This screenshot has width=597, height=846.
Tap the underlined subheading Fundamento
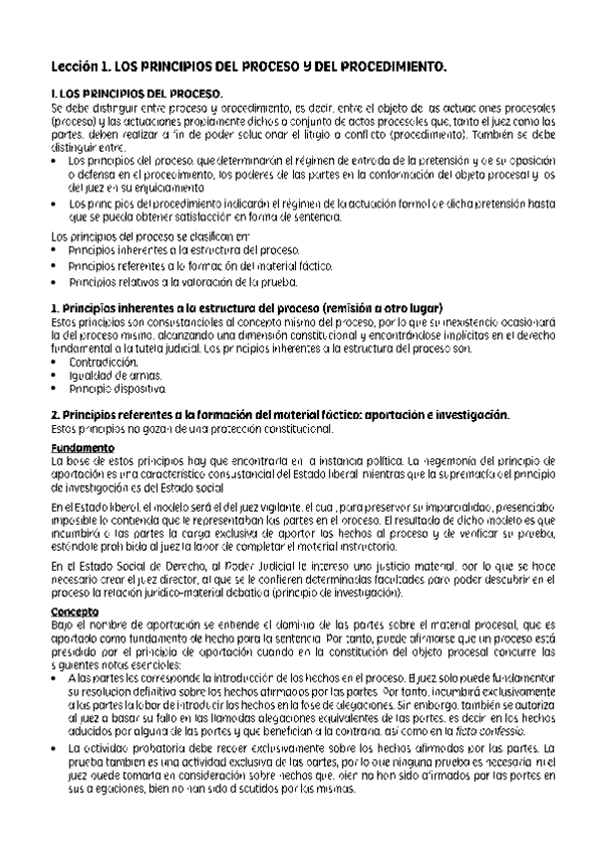(83, 448)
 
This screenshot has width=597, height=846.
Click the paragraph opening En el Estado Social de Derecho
(130, 566)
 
